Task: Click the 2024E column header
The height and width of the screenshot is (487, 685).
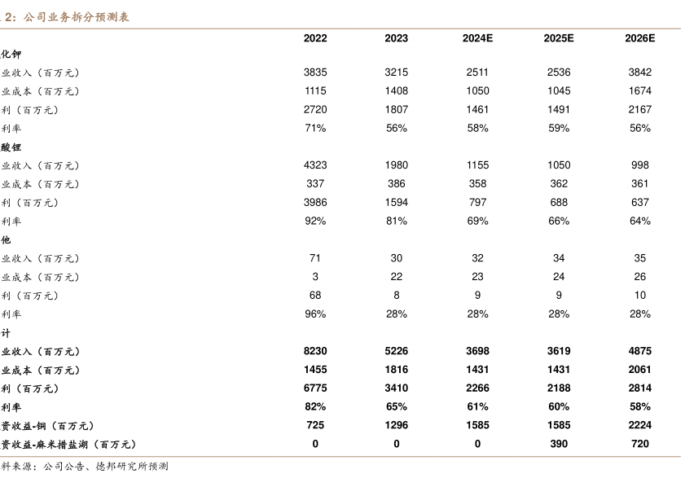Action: (x=477, y=38)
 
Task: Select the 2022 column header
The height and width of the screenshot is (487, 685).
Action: (x=315, y=38)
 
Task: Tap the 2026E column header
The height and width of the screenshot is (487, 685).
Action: (x=639, y=38)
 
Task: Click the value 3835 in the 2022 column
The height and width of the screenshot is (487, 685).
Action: (x=315, y=72)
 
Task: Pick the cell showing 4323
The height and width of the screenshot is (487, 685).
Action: (x=315, y=165)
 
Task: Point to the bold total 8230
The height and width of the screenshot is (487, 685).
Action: (x=315, y=352)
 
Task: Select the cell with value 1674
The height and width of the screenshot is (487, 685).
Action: (x=639, y=91)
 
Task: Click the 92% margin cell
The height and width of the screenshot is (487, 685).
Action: (x=315, y=221)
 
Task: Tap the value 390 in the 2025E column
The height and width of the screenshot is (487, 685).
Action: (x=559, y=444)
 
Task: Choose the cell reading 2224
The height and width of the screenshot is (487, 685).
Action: (x=639, y=425)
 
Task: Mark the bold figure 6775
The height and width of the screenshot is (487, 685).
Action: (x=315, y=388)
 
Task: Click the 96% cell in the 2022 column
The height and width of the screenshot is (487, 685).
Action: (x=315, y=314)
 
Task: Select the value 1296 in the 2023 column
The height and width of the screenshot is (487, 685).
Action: (x=397, y=425)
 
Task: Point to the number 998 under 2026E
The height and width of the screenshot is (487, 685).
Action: (x=639, y=165)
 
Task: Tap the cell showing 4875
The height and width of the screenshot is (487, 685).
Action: (x=639, y=352)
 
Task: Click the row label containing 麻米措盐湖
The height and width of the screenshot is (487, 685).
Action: (x=68, y=444)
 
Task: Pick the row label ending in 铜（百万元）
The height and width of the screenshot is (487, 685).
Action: (x=48, y=425)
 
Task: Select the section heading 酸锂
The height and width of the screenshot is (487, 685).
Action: (x=11, y=147)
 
